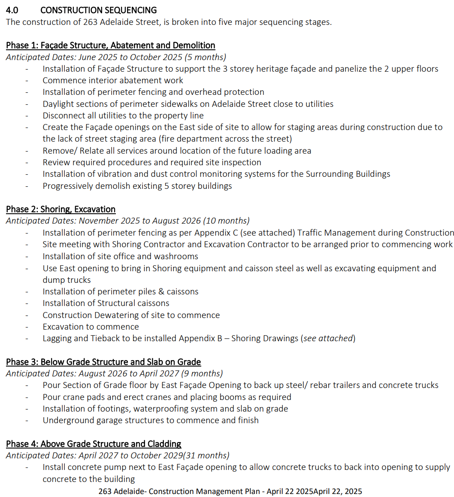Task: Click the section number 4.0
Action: [12, 10]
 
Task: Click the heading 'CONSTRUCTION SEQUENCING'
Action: [98, 10]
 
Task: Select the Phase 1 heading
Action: [110, 45]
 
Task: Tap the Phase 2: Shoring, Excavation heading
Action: [61, 209]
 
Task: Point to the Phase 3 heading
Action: [103, 362]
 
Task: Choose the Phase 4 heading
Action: [94, 444]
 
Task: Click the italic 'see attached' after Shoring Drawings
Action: [328, 339]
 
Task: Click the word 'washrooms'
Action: [177, 256]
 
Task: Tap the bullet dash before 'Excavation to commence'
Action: [27, 327]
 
